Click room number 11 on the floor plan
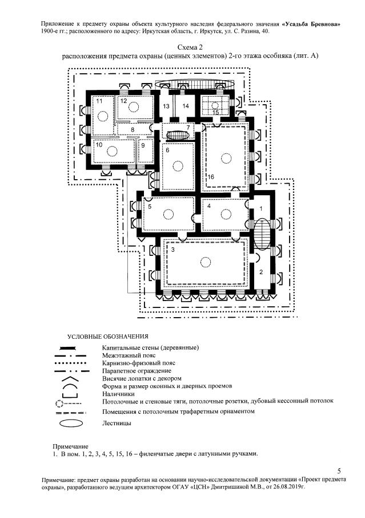tap(99, 101)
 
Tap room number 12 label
tap(123, 101)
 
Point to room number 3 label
tap(173, 250)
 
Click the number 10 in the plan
tap(99, 145)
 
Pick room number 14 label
tap(185, 106)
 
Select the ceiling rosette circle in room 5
tap(168, 213)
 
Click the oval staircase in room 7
tap(173, 135)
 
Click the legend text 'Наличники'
tap(118, 394)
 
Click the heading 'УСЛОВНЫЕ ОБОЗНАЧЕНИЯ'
tap(108, 336)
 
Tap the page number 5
tap(339, 470)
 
